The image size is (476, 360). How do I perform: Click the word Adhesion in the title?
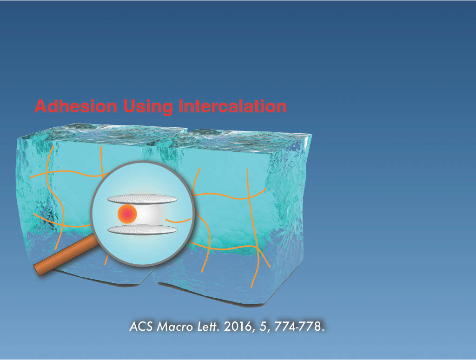[x=76, y=106]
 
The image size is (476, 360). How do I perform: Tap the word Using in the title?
[x=148, y=107]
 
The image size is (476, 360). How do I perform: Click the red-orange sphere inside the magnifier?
[x=127, y=214]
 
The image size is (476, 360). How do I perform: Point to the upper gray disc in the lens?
[x=142, y=199]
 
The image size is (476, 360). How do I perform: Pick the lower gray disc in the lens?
[x=142, y=229]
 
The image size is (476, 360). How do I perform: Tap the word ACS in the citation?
[x=141, y=327]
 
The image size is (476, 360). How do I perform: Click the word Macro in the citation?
[x=175, y=327]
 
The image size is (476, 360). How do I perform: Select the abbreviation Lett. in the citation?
[x=208, y=327]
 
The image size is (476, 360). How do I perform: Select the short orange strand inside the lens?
[x=178, y=220]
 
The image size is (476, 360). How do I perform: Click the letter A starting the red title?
[x=41, y=106]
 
